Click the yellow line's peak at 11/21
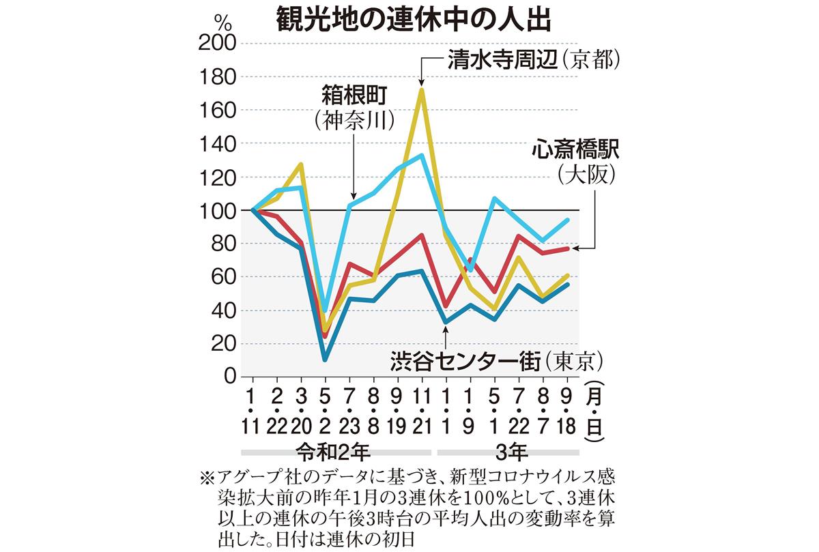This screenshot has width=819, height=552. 422,90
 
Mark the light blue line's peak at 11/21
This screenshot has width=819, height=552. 422,155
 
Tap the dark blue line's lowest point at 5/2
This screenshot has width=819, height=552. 326,359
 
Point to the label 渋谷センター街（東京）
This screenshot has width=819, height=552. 498,360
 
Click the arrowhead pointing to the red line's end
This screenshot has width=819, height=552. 576,248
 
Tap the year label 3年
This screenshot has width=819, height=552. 508,451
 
